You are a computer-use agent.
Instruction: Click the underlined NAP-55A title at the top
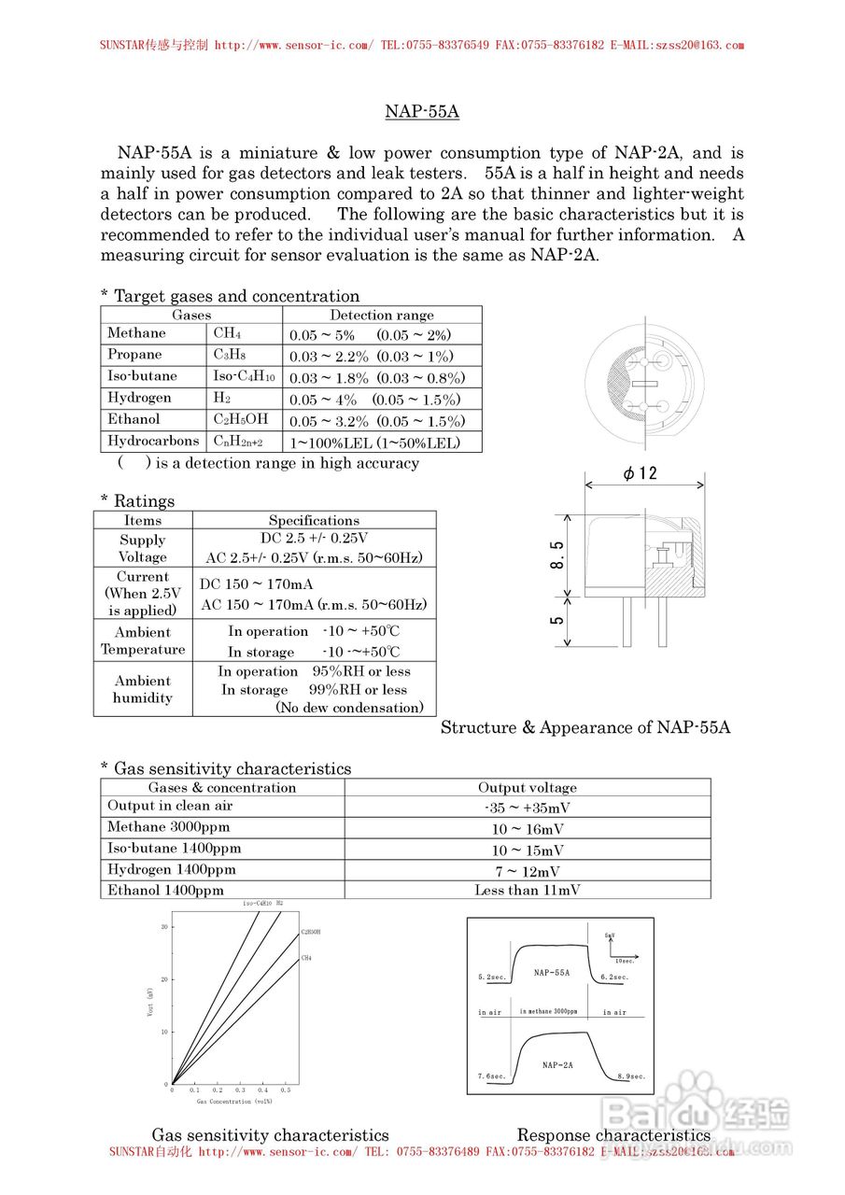(x=422, y=112)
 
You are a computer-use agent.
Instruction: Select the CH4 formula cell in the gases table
(x=228, y=333)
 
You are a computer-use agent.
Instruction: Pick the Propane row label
(x=135, y=355)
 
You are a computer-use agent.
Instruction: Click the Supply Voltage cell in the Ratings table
(x=143, y=549)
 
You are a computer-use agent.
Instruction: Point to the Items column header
(x=143, y=520)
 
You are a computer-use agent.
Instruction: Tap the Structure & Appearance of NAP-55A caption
(x=585, y=727)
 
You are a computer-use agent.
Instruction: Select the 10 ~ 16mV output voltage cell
(x=528, y=829)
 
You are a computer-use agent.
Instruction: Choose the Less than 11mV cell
(x=528, y=891)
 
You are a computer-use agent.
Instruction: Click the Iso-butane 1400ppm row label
(x=175, y=849)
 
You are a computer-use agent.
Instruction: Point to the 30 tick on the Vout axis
(x=163, y=926)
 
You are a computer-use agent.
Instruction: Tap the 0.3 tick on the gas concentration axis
(x=240, y=1090)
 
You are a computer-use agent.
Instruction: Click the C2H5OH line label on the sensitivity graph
(x=311, y=933)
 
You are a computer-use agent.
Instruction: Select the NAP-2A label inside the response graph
(x=557, y=1064)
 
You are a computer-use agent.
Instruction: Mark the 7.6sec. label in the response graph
(x=491, y=1076)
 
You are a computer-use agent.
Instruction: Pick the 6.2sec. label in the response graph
(x=614, y=977)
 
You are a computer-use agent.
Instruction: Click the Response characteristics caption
(x=613, y=1135)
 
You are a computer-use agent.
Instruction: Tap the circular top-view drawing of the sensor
(x=644, y=383)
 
